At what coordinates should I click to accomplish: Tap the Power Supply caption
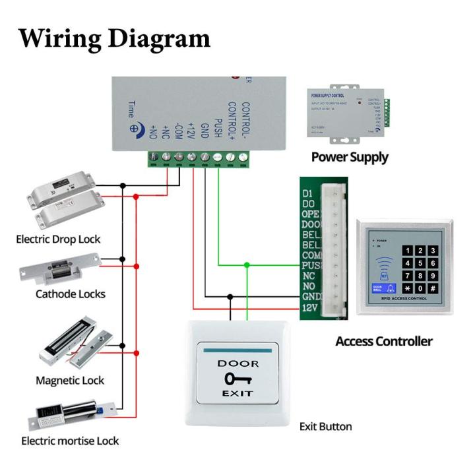350,157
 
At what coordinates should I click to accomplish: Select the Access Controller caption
384,341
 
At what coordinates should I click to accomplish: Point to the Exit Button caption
326,426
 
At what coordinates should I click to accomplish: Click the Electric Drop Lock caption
59,239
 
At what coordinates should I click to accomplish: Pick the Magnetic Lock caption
70,381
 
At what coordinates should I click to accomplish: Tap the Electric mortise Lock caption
70,441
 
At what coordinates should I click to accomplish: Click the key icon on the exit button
237,379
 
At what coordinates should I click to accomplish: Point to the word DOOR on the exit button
238,364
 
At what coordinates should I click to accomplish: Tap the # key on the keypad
432,289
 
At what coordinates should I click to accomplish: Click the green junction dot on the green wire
247,265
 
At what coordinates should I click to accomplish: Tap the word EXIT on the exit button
237,394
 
